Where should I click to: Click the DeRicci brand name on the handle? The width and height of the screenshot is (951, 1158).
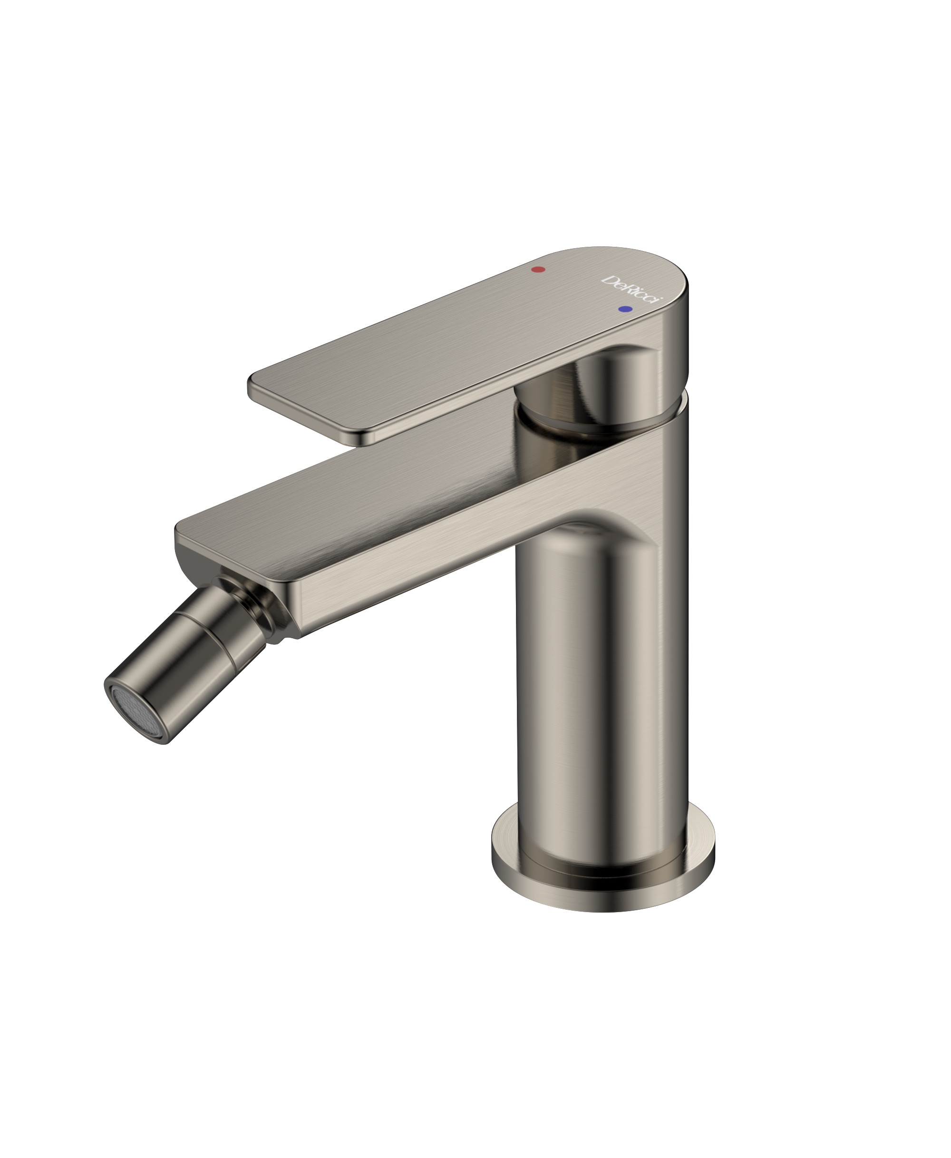pyautogui.click(x=633, y=291)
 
